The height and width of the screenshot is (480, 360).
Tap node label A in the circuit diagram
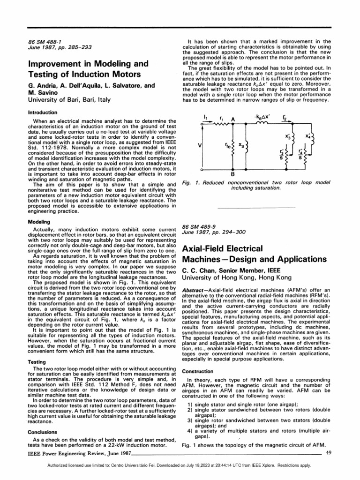[x=232, y=120]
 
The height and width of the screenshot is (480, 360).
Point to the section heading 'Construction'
[x=197, y=371]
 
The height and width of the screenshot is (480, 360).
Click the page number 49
[x=329, y=452]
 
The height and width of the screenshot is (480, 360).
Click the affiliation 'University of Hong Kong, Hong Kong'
[x=234, y=278]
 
